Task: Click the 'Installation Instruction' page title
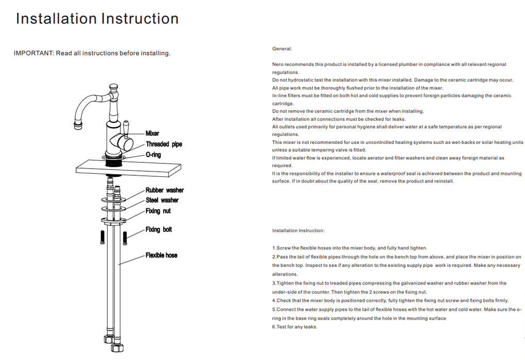(97, 19)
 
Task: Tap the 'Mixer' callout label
(152, 133)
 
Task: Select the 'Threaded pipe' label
(164, 144)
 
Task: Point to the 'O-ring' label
(153, 154)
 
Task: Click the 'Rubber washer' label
(164, 190)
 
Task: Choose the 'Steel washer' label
(162, 200)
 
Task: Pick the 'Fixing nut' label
(158, 211)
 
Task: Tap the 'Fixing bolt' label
(159, 229)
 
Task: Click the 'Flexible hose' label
(161, 255)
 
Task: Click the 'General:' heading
(282, 49)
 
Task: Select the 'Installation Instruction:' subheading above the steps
(299, 231)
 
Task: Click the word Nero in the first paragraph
(278, 64)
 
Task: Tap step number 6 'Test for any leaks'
(295, 327)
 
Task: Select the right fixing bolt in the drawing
(125, 238)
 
